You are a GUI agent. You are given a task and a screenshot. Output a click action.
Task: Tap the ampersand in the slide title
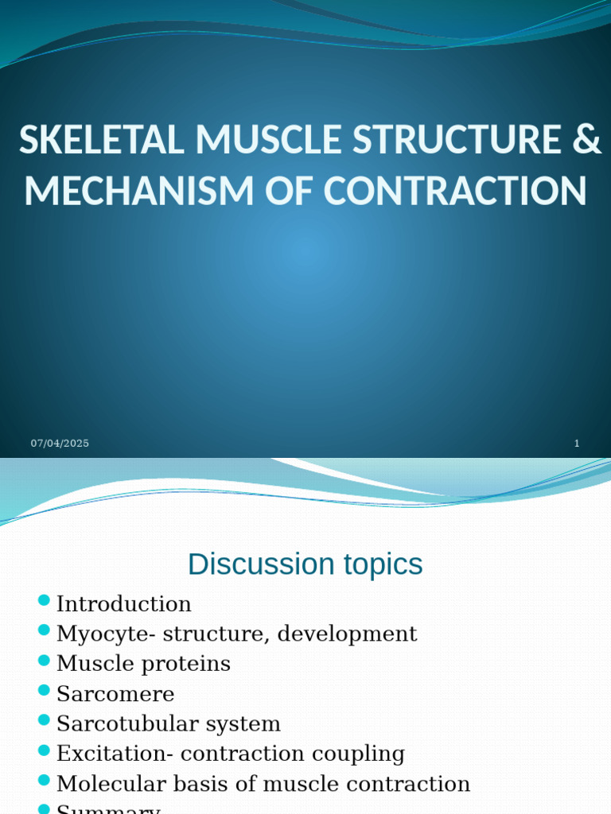click(586, 141)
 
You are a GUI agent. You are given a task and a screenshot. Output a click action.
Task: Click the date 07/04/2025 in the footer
click(60, 444)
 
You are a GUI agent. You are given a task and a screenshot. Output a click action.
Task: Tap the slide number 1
click(577, 444)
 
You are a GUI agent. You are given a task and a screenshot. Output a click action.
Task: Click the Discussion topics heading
click(305, 564)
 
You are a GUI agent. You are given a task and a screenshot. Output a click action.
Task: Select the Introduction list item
click(123, 604)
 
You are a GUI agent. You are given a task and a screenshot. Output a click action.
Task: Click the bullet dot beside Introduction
click(44, 600)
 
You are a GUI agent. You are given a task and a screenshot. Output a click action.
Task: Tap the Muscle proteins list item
click(143, 664)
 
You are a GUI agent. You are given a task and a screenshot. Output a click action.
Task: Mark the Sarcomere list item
click(115, 694)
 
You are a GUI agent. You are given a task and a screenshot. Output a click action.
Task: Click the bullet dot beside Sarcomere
click(44, 690)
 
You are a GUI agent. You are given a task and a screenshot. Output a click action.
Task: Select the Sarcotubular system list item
click(168, 724)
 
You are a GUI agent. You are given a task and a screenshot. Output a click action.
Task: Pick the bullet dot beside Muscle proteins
click(44, 660)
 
